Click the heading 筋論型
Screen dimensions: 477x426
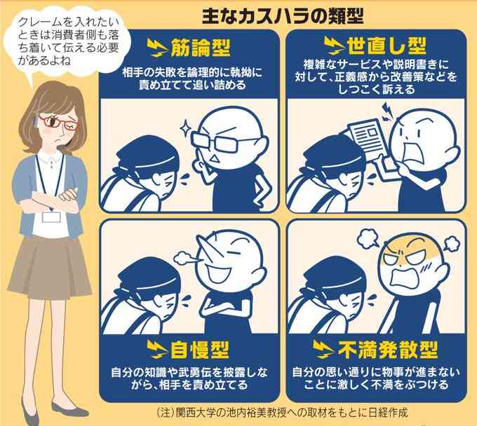click(x=201, y=48)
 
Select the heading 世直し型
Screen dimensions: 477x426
click(x=387, y=46)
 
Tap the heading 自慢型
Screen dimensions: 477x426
click(x=199, y=350)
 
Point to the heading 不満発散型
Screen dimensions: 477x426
click(x=388, y=350)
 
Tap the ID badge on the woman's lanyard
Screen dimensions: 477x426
click(x=51, y=217)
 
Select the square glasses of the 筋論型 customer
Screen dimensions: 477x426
click(x=224, y=142)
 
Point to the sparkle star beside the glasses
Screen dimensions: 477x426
click(x=185, y=128)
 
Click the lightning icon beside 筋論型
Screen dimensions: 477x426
click(x=157, y=48)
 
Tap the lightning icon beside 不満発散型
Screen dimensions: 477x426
click(x=324, y=350)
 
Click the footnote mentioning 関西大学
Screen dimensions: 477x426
click(x=282, y=413)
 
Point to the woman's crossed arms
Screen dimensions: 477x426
click(x=53, y=199)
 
